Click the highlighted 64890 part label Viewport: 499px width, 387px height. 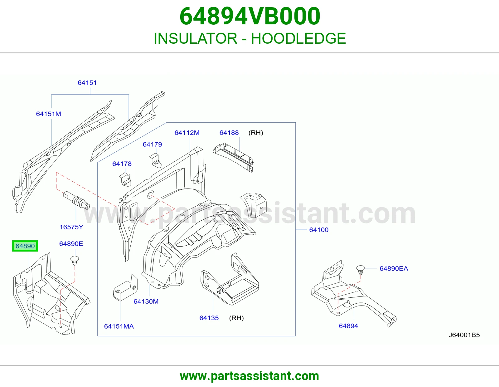pos(25,246)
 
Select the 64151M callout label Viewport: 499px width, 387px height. pos(48,114)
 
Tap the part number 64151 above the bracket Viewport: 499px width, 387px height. pos(87,83)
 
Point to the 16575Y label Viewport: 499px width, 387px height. pos(71,227)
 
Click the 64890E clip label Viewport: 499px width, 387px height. pos(71,244)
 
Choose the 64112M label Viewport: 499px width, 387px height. pos(187,133)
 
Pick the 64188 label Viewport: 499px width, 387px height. pos(229,133)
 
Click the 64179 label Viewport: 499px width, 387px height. pos(152,144)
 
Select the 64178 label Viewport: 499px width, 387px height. pos(122,164)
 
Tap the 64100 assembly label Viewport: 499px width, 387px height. pos(319,230)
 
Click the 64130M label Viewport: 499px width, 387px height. pos(146,301)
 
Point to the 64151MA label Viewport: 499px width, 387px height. pos(119,326)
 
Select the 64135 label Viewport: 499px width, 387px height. pos(209,318)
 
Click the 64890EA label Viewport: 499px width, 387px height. pos(394,268)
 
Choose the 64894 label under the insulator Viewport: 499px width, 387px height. pos(348,326)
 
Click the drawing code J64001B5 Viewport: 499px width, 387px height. pos(464,335)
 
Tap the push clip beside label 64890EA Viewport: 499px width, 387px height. pos(361,270)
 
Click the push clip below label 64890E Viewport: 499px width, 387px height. pos(75,261)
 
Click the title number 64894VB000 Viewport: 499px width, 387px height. pos(249,16)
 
